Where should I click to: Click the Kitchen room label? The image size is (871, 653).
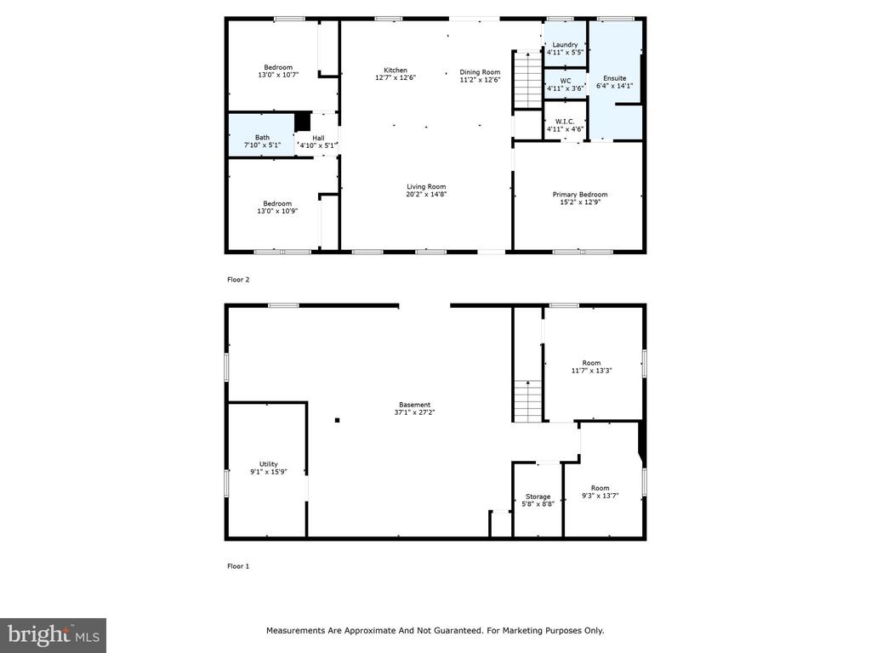click(x=396, y=70)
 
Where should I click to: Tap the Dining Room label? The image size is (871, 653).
click(x=480, y=72)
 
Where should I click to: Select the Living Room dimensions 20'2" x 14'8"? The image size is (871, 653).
click(x=426, y=195)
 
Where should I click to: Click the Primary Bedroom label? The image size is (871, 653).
click(x=580, y=195)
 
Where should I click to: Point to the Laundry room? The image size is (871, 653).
click(x=565, y=44)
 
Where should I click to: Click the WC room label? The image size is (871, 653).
click(x=565, y=81)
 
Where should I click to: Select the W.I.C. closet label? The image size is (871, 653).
click(x=565, y=122)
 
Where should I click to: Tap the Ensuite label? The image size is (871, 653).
click(x=614, y=78)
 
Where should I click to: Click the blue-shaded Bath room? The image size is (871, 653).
click(x=262, y=135)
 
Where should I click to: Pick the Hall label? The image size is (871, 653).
click(x=318, y=138)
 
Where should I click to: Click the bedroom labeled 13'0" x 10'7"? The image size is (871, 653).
click(x=278, y=65)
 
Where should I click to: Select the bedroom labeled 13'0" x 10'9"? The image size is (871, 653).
click(x=278, y=204)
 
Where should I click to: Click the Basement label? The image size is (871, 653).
click(x=414, y=405)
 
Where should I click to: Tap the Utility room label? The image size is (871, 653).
click(x=268, y=464)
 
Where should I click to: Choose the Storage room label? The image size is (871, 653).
click(x=538, y=497)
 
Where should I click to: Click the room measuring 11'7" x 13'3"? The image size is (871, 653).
click(x=593, y=363)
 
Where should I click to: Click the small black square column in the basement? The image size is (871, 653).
click(x=337, y=420)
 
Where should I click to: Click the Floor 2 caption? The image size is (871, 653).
click(x=238, y=279)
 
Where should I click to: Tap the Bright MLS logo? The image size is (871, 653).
click(x=54, y=635)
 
